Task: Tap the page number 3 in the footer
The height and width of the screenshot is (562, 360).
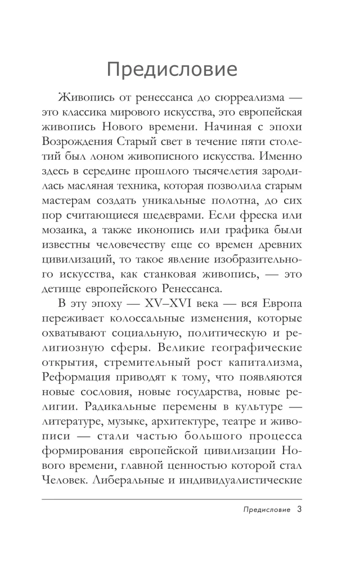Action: pyautogui.click(x=299, y=510)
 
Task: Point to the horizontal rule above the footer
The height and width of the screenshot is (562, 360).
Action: pyautogui.click(x=179, y=499)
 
